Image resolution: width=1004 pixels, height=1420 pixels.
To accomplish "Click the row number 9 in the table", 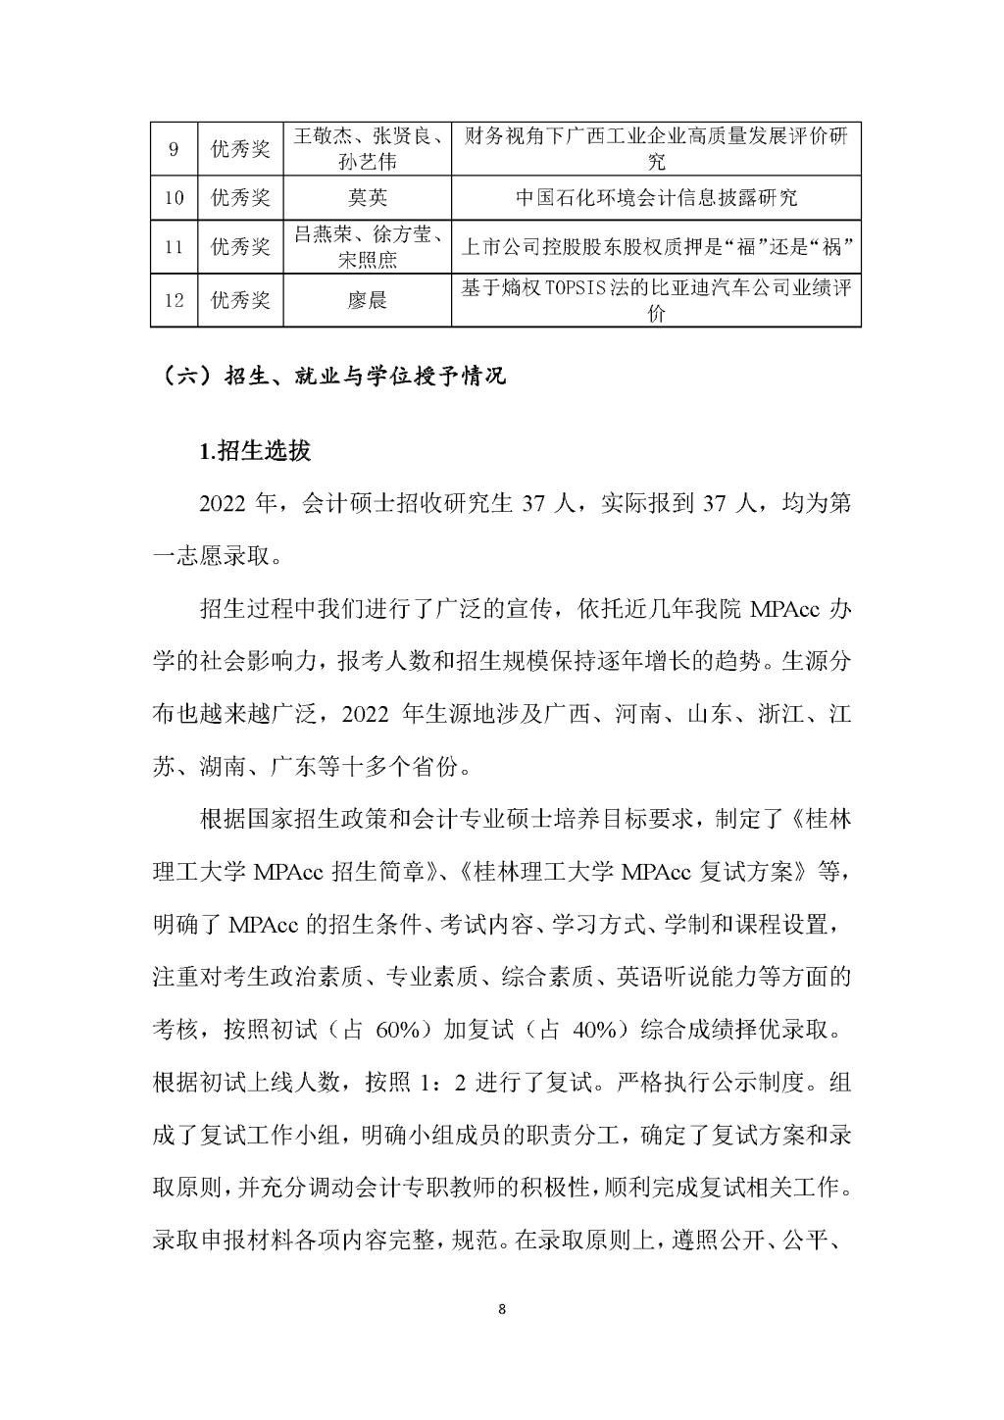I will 174,149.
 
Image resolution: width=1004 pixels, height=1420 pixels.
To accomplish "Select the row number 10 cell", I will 174,198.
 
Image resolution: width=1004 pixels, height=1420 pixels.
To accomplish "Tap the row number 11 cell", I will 174,247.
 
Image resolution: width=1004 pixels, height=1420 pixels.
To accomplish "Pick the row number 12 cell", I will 174,300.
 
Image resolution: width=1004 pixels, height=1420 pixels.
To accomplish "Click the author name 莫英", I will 368,198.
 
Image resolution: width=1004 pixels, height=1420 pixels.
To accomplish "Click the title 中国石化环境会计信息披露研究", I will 656,198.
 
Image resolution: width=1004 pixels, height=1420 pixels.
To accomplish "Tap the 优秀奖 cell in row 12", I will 240,300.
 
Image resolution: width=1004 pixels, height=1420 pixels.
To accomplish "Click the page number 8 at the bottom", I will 502,1309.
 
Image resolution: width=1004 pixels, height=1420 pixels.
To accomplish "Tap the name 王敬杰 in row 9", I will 323,137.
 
